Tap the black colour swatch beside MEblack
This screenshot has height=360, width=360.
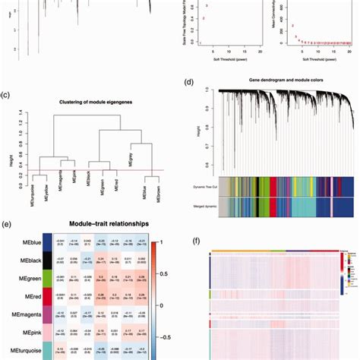48,262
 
